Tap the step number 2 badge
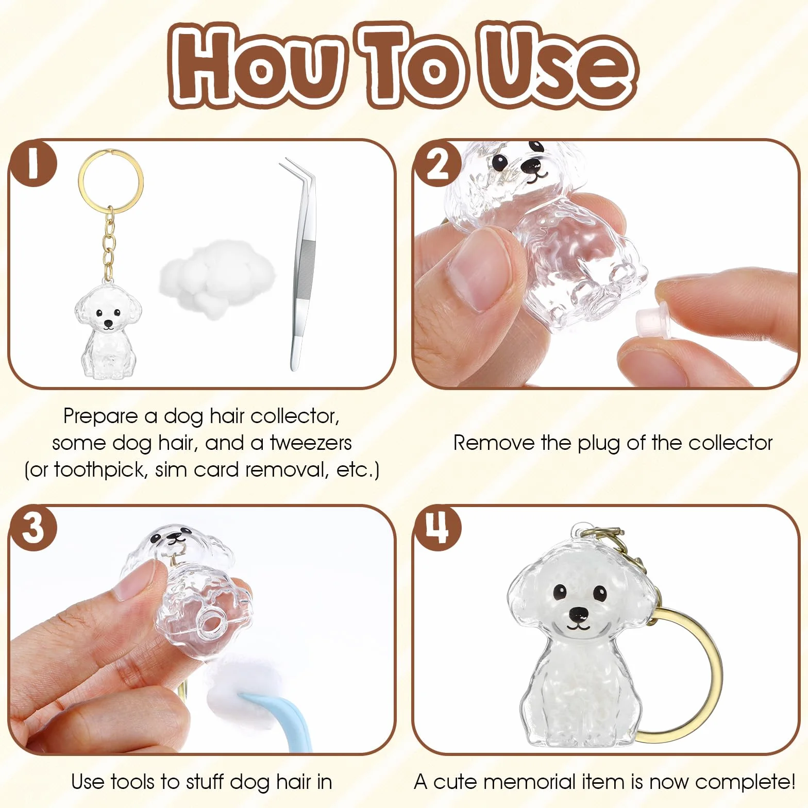(437, 163)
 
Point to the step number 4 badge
(437, 528)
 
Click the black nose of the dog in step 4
(578, 613)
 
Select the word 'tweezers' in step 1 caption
(311, 443)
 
